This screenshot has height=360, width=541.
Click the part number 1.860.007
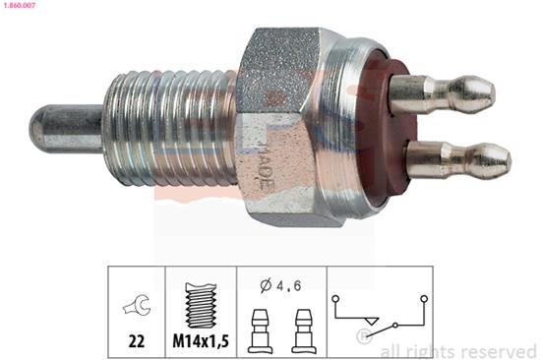tap(22, 7)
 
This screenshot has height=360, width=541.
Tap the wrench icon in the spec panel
tap(136, 307)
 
